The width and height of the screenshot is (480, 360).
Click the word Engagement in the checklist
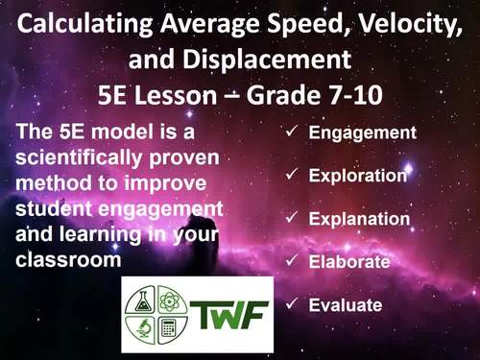pos(362,132)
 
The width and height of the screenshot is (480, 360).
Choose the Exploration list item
pos(359,176)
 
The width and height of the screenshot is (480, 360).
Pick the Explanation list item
pos(359,219)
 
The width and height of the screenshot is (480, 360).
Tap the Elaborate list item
pos(348,261)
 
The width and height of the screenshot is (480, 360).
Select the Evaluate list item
pos(346,305)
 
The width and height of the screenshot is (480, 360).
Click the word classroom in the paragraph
pos(57,259)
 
